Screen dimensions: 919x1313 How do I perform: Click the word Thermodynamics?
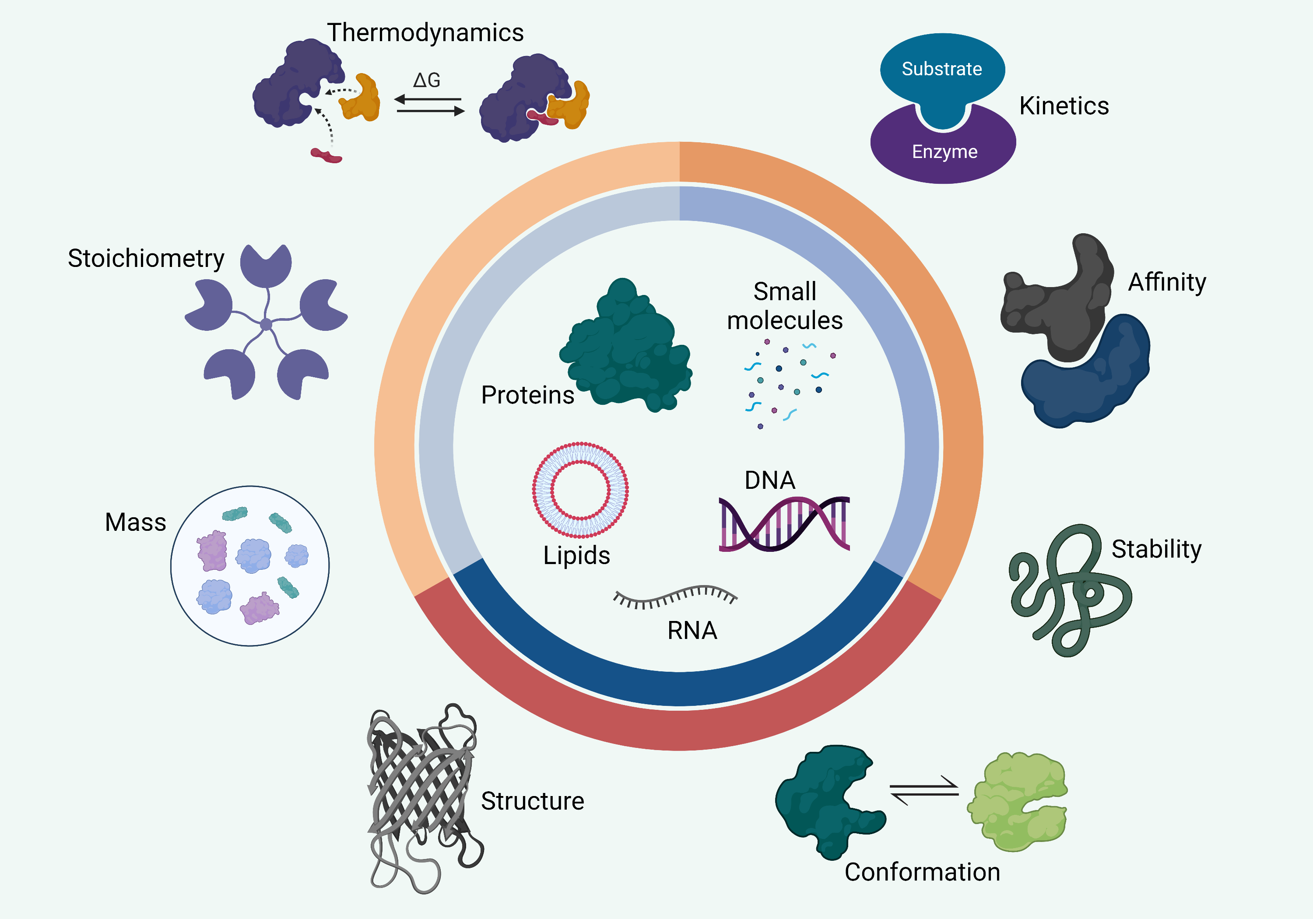click(425, 32)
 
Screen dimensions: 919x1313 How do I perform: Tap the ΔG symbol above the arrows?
click(427, 80)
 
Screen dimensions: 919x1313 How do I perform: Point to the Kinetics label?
click(1064, 106)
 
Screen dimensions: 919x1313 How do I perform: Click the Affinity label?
click(1167, 282)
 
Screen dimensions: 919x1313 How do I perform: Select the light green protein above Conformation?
click(1018, 800)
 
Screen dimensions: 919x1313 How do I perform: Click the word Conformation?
click(922, 872)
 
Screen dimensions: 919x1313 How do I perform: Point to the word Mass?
click(136, 522)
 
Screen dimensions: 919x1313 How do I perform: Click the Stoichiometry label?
click(146, 259)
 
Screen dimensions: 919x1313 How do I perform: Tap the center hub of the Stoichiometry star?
click(266, 325)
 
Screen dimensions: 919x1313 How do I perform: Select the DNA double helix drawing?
click(784, 524)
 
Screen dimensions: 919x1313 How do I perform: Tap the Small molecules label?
click(785, 306)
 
